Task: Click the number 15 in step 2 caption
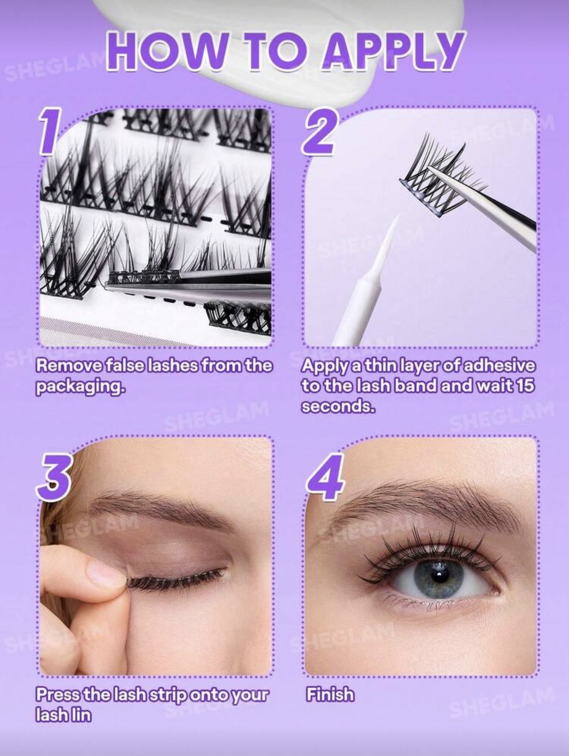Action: (x=524, y=385)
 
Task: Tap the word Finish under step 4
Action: (x=330, y=707)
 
